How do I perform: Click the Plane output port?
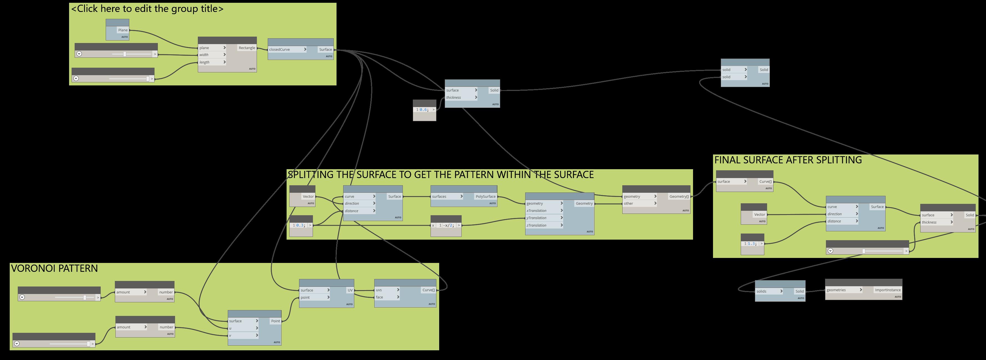(123, 30)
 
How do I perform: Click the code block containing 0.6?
(424, 110)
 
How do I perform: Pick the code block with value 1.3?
(752, 244)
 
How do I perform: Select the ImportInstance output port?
(887, 290)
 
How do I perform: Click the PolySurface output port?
(485, 197)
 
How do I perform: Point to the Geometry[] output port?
(679, 197)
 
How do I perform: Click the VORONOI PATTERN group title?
(54, 268)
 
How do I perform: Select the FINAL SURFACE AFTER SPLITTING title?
(788, 160)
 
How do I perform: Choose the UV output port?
(350, 290)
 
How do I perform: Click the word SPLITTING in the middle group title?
(310, 175)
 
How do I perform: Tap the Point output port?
(275, 321)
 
